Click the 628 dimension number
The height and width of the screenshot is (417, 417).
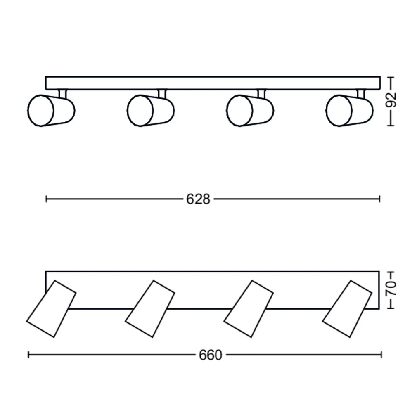coord(198,199)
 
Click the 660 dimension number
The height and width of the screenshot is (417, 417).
coord(211,355)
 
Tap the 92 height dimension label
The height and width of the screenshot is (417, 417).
coord(391,100)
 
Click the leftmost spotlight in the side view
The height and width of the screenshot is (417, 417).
coord(51,110)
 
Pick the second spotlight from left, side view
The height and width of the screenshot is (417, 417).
coord(151,110)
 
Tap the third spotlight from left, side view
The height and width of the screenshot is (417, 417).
coord(250,110)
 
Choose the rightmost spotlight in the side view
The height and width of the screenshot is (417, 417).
coord(349,110)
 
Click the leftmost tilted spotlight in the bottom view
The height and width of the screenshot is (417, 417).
coord(51,309)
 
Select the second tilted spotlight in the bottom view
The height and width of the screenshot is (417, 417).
coord(150,309)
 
